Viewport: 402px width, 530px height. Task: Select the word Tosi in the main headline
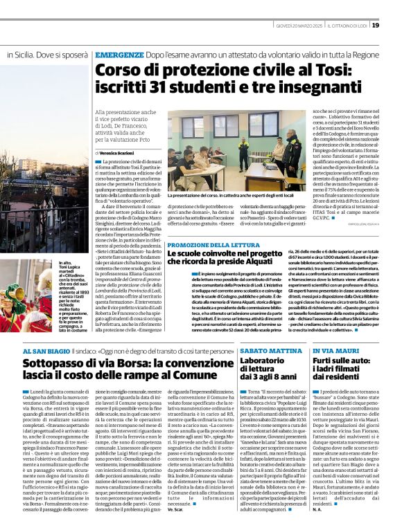tap(322, 69)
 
